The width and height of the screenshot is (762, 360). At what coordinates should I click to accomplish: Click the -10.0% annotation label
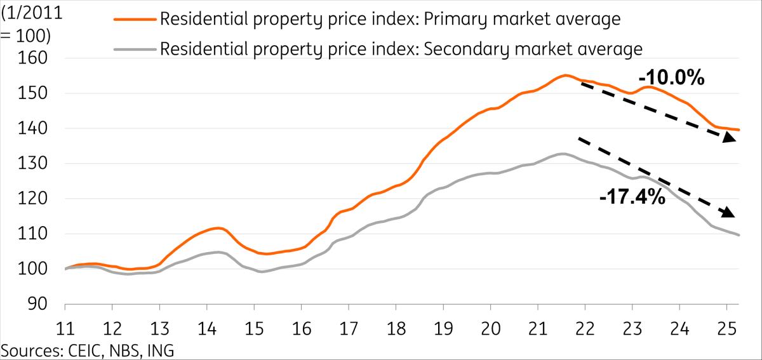coord(666,79)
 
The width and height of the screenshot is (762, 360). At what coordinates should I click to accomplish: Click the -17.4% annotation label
coord(632,198)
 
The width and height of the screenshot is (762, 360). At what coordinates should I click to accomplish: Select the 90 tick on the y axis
coord(44,305)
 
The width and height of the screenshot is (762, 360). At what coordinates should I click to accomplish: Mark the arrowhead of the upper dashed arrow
coord(730,140)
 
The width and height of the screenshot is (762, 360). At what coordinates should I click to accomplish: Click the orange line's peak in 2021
coord(565,76)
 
